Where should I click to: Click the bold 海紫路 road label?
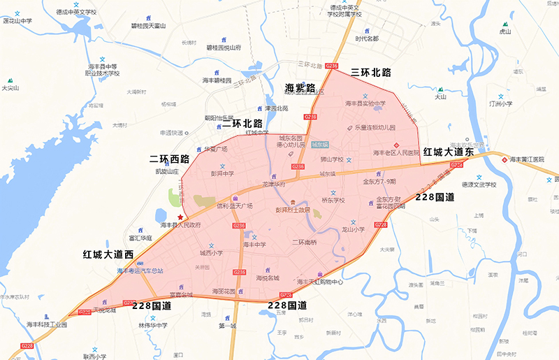pos(301,88)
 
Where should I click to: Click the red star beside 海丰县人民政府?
pos(180,217)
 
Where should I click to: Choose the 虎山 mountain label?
pos(504,31)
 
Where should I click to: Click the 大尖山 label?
pos(10,88)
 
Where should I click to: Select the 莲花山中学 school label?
pos(18,21)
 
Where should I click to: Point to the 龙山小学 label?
pos(354,229)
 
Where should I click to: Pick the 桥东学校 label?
pos(333,200)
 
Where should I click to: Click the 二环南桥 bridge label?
pos(305,243)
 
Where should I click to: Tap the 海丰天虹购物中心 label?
pos(319,282)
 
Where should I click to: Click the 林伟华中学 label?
pos(152,325)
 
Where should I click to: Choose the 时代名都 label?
pos(367,38)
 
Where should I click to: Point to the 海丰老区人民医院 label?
pos(395,152)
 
